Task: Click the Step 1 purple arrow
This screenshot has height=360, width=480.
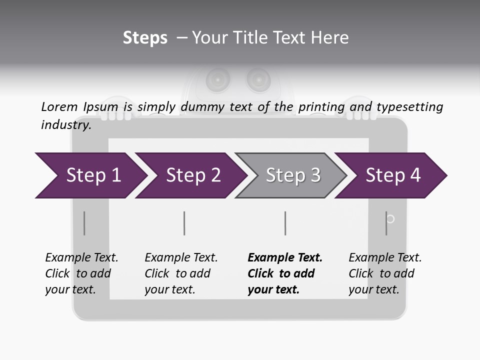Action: coord(90,175)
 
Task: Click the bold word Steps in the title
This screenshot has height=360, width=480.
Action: coord(145,38)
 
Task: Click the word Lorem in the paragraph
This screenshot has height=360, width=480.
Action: coord(59,106)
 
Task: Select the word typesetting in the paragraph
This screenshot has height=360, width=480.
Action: coord(409,107)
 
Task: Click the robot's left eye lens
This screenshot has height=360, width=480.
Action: coord(218,78)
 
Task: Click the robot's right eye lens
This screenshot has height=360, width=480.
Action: coord(258,78)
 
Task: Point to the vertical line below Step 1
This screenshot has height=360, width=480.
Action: coord(84,223)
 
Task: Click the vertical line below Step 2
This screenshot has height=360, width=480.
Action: coord(184,223)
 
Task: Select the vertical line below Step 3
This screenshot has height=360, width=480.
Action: coord(285,223)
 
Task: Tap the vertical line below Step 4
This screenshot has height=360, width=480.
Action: coord(386,223)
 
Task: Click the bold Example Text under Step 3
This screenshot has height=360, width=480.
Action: coord(285,257)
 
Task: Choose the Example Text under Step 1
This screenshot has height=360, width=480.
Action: coord(81,257)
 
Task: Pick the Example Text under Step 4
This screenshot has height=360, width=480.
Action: coord(385,257)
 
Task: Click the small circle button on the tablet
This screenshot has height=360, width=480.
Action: coord(391,218)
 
